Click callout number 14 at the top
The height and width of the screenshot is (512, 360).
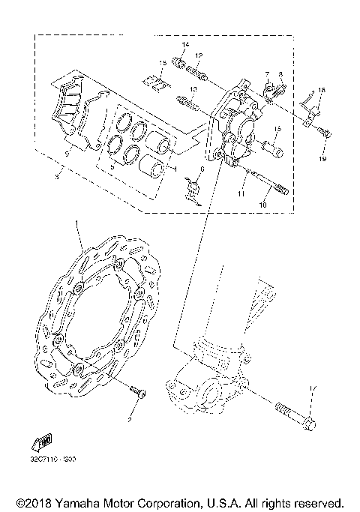(185, 46)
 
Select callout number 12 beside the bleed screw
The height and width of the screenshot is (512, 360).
(199, 56)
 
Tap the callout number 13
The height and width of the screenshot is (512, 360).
(193, 89)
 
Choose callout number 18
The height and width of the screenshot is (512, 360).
(321, 90)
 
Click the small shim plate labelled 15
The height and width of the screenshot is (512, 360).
(157, 83)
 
